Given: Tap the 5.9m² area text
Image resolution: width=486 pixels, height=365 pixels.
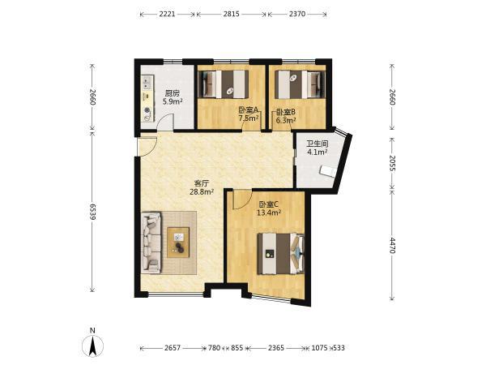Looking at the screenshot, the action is (x=173, y=101).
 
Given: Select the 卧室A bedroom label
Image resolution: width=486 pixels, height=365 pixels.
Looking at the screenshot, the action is (x=249, y=110).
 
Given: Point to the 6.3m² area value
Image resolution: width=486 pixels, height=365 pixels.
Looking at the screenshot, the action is (x=285, y=120).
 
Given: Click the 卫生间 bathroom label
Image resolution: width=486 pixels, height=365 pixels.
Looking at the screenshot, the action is (x=318, y=144).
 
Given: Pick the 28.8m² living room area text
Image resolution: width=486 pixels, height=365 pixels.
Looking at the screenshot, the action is (x=202, y=191).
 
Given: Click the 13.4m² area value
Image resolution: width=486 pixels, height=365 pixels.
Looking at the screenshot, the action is (x=269, y=213).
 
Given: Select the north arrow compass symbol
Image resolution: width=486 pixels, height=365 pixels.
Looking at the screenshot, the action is (x=92, y=345).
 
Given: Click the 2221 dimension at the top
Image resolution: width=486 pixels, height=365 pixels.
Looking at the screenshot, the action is (x=168, y=14).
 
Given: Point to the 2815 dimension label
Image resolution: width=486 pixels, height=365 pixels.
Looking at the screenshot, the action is (x=231, y=14).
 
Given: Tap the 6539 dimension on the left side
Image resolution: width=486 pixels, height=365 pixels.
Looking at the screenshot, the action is (x=92, y=212).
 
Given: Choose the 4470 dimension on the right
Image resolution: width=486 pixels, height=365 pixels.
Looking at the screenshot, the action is (x=392, y=245).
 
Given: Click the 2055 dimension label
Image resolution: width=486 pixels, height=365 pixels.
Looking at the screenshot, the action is (x=392, y=163).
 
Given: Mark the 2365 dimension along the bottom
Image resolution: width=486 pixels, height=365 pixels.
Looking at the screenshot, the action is (x=276, y=348).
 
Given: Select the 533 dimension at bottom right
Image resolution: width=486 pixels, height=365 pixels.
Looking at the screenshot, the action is (x=339, y=348).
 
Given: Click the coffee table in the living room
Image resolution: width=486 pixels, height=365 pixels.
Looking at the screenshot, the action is (x=178, y=243).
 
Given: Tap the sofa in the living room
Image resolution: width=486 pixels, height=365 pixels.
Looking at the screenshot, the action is (x=151, y=243).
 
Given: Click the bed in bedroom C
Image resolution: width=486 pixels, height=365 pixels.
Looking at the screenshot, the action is (x=281, y=254).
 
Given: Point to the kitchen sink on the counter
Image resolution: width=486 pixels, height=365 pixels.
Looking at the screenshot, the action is (x=147, y=82).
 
